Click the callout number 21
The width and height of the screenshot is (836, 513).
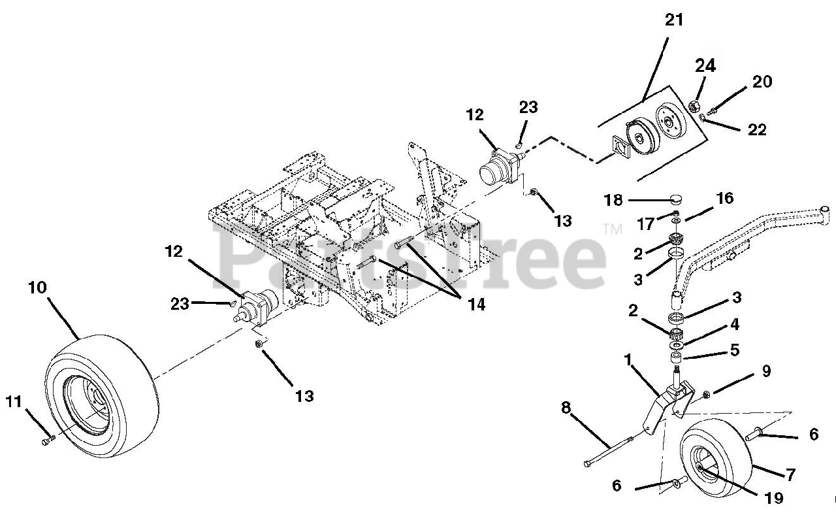(x=673, y=20)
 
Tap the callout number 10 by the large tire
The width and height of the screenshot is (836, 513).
(x=37, y=288)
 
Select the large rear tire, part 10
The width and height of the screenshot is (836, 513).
(x=101, y=397)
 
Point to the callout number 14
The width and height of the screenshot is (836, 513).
(x=476, y=305)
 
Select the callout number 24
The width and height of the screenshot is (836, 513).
(x=705, y=66)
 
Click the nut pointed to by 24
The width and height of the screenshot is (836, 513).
(x=694, y=107)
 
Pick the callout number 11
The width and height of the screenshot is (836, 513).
(x=14, y=402)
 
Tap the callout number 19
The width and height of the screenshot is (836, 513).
(x=773, y=498)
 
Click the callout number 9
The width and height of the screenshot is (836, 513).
(x=766, y=371)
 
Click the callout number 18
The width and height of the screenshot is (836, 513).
(x=613, y=201)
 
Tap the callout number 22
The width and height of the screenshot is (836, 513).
(x=757, y=129)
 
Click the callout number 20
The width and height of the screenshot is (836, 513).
(x=762, y=82)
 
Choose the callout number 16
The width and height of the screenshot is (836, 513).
(x=725, y=198)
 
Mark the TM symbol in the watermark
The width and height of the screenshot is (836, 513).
(x=613, y=229)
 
